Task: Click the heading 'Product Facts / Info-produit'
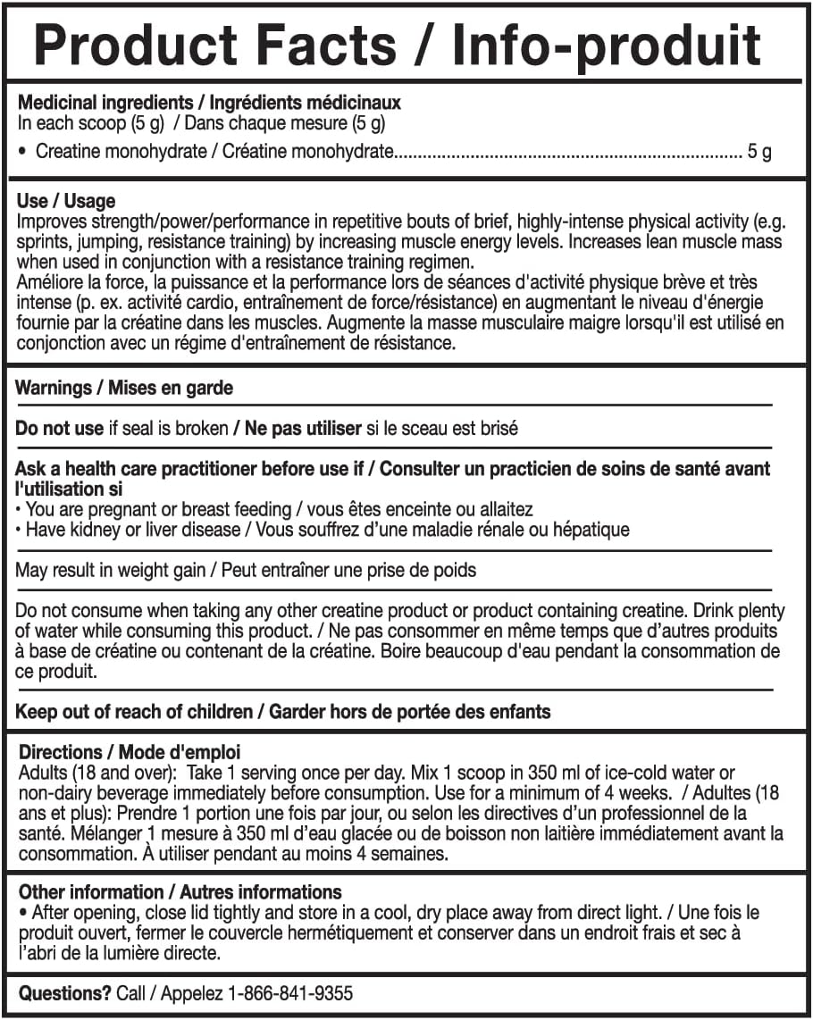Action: pos(398,45)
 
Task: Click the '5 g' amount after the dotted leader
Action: pos(759,152)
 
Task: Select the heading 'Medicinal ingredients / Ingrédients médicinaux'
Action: pos(209,104)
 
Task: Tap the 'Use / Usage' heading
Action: pos(66,202)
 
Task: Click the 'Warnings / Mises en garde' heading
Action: pos(124,389)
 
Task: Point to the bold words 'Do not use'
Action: pos(60,429)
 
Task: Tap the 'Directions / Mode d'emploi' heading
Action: pos(130,753)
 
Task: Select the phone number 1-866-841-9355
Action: pos(289,993)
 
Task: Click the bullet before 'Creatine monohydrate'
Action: pos(22,152)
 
